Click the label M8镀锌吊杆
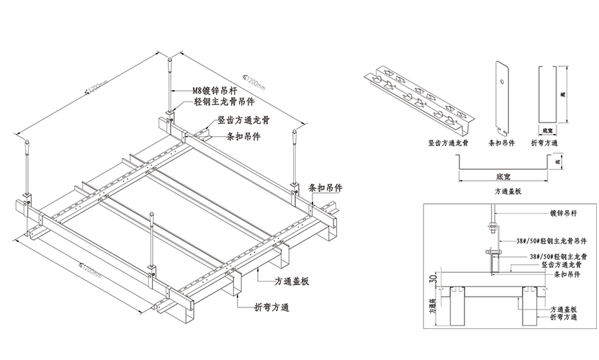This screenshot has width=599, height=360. coord(217,91)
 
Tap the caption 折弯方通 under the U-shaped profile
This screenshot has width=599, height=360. coord(550,144)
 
